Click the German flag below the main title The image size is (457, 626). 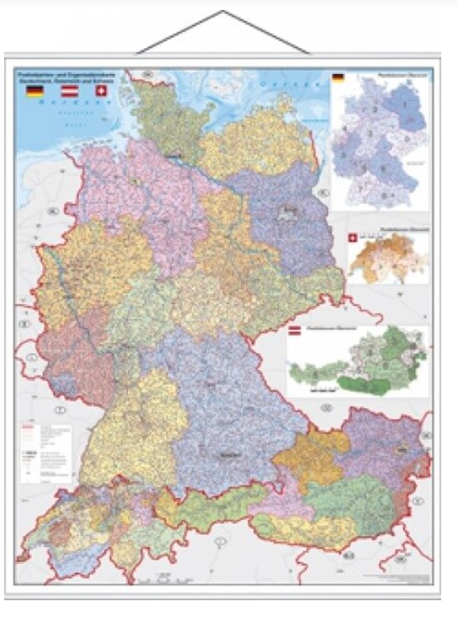click(35, 91)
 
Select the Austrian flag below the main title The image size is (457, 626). click(69, 91)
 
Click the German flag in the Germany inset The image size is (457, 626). click(338, 79)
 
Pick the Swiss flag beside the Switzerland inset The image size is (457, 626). click(353, 239)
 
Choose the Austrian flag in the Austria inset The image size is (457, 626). click(294, 333)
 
